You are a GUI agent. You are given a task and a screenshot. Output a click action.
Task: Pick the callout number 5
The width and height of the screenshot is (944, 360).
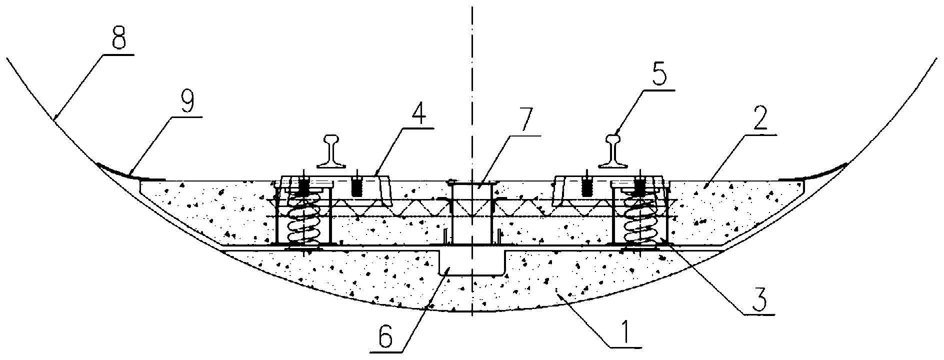[659, 77]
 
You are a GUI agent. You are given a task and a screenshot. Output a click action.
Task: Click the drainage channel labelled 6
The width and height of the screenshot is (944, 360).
[471, 262]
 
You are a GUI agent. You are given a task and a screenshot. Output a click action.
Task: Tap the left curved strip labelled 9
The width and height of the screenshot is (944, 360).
[129, 172]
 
